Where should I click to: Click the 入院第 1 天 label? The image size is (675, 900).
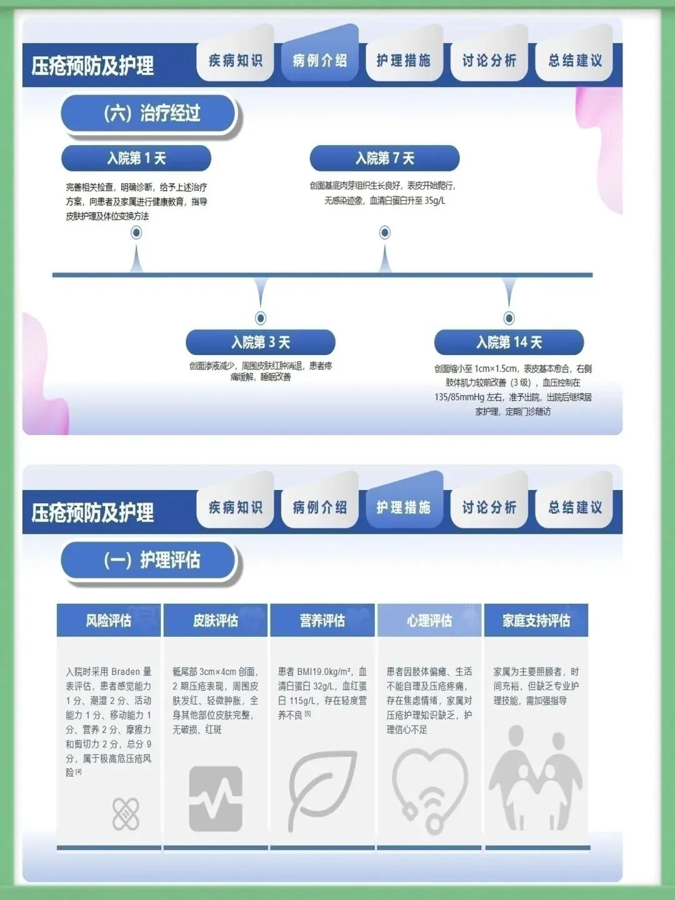point(136,158)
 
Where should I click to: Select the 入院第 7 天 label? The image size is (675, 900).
point(384,158)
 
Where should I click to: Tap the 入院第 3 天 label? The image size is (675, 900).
point(261,342)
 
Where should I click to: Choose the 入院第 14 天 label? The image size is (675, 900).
point(509,342)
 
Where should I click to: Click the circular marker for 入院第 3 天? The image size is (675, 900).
point(261,318)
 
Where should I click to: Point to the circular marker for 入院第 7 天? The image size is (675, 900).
point(385,232)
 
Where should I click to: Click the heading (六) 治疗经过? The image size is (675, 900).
point(151,113)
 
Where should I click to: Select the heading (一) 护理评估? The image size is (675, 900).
point(151,560)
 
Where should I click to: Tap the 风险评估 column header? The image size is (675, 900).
point(109,621)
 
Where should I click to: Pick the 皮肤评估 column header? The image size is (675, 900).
point(216,621)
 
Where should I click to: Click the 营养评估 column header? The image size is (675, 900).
point(322,621)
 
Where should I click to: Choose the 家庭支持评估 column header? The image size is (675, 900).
point(536,621)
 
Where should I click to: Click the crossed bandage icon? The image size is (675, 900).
point(126,813)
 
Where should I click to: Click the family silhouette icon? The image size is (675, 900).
point(536,778)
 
